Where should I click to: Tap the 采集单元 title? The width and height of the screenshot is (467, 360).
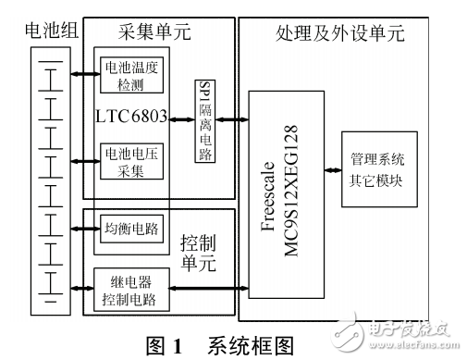pyautogui.click(x=153, y=31)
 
